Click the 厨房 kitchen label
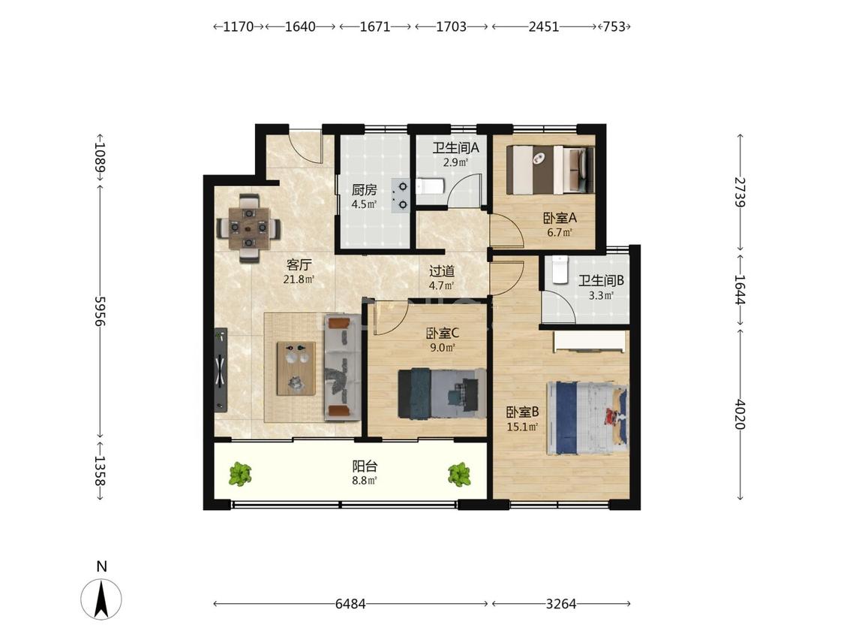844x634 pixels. (x=364, y=190)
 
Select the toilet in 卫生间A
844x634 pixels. (x=430, y=186)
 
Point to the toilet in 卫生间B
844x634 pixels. (x=560, y=270)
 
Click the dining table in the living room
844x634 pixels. (x=248, y=228)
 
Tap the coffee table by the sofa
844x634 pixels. (x=296, y=368)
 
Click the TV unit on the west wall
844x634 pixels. (x=221, y=370)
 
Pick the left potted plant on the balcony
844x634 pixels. (x=240, y=474)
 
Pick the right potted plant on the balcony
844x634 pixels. (x=459, y=474)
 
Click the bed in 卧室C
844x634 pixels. (x=442, y=394)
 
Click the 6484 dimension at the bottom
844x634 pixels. (x=350, y=604)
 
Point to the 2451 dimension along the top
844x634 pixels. (x=544, y=26)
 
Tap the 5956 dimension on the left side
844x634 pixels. (x=100, y=310)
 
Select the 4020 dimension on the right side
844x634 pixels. (x=740, y=414)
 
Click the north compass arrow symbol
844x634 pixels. (x=101, y=599)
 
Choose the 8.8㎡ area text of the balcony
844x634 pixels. (x=365, y=480)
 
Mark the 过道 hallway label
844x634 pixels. (x=442, y=271)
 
